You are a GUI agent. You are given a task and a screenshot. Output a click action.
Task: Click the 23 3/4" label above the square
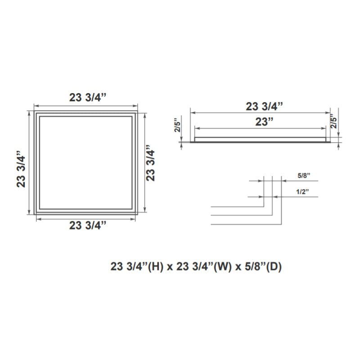click(87, 98)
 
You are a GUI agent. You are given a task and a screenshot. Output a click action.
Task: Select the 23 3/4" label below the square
click(87, 225)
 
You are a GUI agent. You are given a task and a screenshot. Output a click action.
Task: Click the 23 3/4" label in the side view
click(264, 106)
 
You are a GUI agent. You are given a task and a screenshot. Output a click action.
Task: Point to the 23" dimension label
click(265, 121)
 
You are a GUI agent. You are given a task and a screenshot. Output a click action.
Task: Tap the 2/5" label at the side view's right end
click(333, 121)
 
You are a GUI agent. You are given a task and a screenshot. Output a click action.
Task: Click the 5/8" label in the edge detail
click(304, 176)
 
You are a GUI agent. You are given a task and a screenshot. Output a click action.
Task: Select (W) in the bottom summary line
click(223, 266)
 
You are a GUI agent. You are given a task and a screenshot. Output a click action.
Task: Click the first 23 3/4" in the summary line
click(128, 266)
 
